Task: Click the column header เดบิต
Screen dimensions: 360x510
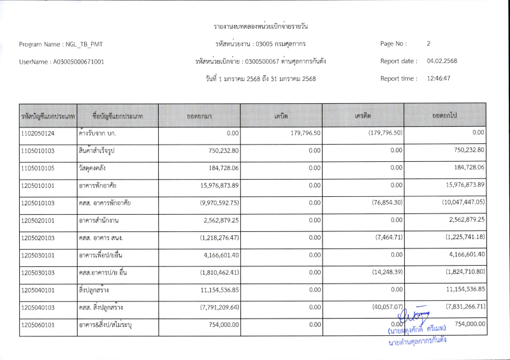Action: [x=281, y=116]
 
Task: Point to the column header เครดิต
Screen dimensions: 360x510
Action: [x=363, y=116]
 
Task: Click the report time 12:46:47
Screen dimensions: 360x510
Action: [x=439, y=78]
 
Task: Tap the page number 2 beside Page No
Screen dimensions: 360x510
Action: [x=429, y=44]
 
